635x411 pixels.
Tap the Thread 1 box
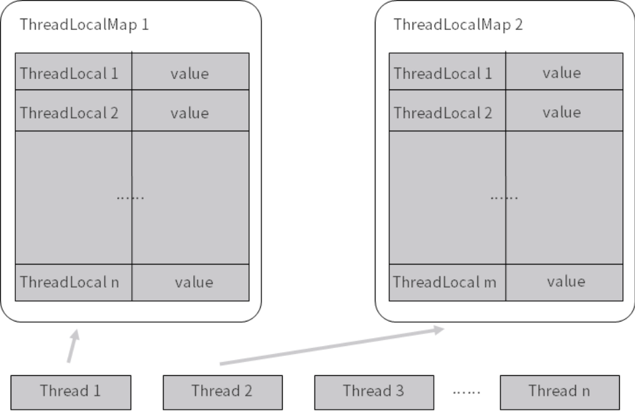pos(71,390)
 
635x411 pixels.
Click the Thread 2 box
pos(222,390)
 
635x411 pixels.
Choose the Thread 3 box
pos(373,390)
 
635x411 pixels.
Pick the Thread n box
pos(560,390)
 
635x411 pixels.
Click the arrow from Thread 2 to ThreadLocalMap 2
pos(331,345)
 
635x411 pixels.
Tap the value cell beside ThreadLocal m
pos(565,282)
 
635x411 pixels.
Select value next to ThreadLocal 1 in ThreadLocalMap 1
pos(190,72)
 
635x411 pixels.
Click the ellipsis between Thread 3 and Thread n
pos(467,392)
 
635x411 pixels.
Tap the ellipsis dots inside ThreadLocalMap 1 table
pos(130,198)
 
